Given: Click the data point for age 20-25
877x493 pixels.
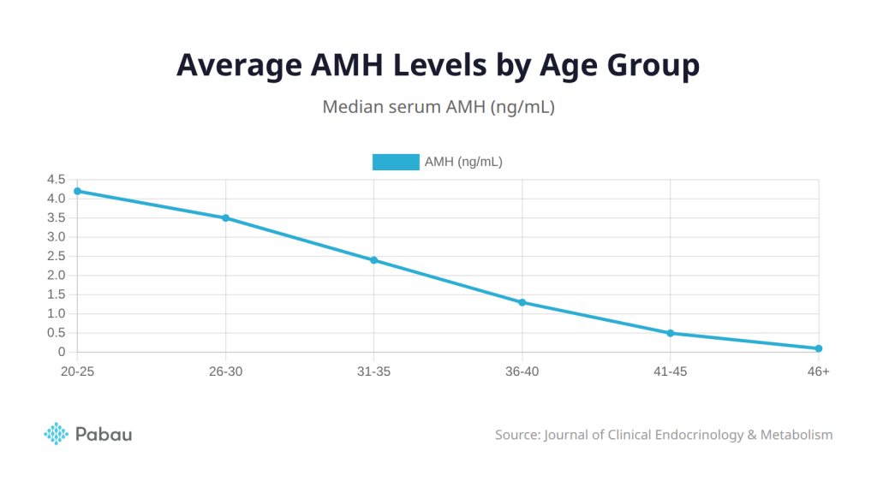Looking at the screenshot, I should tap(77, 191).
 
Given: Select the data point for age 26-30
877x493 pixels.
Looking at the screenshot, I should tap(225, 217).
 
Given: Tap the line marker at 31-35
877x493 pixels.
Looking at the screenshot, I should tap(373, 260).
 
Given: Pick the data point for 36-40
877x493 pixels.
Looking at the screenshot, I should tap(522, 302).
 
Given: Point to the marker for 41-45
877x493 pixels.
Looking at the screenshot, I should tap(671, 333).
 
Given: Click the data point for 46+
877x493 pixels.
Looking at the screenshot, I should tap(819, 348).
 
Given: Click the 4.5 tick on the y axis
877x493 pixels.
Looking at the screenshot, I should tap(57, 179).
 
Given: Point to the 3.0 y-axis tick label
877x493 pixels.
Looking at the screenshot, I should tap(57, 237).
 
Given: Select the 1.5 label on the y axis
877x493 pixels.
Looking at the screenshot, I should tap(57, 294).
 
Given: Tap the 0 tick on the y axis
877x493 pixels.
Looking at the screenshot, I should tap(62, 352).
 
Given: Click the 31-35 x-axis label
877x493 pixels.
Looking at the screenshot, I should tap(373, 371).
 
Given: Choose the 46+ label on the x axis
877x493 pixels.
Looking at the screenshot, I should tap(819, 371).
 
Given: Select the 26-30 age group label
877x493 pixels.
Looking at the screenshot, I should tap(225, 371).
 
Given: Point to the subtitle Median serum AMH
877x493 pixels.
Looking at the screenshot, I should tap(438, 108).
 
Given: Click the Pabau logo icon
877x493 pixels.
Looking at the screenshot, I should tap(56, 434).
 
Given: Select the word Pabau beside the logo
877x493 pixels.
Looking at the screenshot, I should tap(104, 434).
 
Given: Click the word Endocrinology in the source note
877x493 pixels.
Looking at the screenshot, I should tap(699, 435).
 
